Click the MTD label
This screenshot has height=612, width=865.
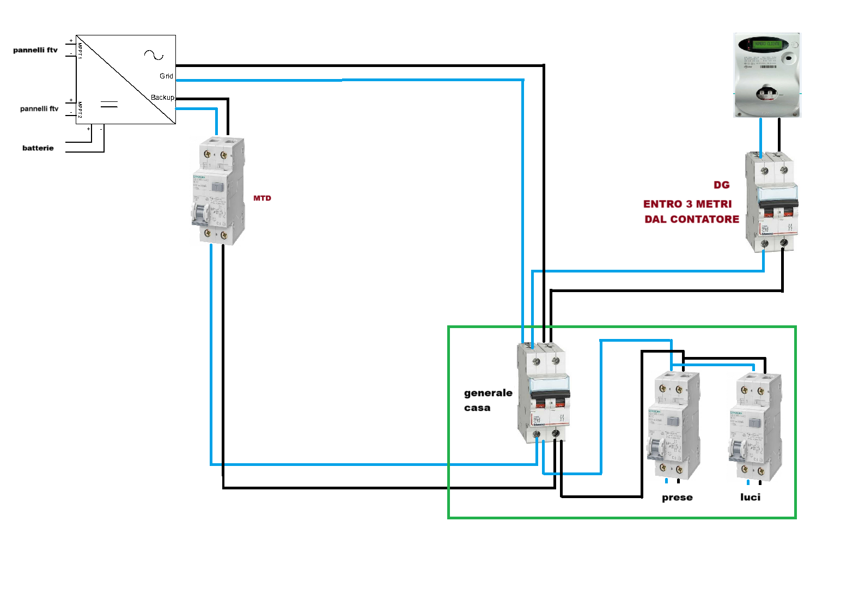(x=262, y=198)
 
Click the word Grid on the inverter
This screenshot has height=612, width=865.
(x=166, y=76)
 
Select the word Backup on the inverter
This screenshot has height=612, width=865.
(x=162, y=98)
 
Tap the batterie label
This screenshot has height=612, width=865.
(x=38, y=148)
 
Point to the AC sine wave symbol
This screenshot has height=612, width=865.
(x=154, y=54)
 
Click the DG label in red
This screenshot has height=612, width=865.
(x=722, y=185)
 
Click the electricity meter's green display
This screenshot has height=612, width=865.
(x=767, y=44)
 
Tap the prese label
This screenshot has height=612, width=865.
(x=677, y=498)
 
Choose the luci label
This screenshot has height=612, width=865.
(x=750, y=497)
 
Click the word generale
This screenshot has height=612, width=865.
(x=488, y=393)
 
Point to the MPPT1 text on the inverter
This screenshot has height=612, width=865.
(x=80, y=50)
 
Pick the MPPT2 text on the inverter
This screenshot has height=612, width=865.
(x=80, y=110)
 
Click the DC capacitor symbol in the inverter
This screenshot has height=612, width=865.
(x=109, y=104)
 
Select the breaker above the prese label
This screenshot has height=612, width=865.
(x=673, y=425)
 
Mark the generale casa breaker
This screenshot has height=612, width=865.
(x=543, y=392)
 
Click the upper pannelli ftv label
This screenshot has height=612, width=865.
(x=35, y=50)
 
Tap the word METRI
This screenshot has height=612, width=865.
(x=714, y=204)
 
